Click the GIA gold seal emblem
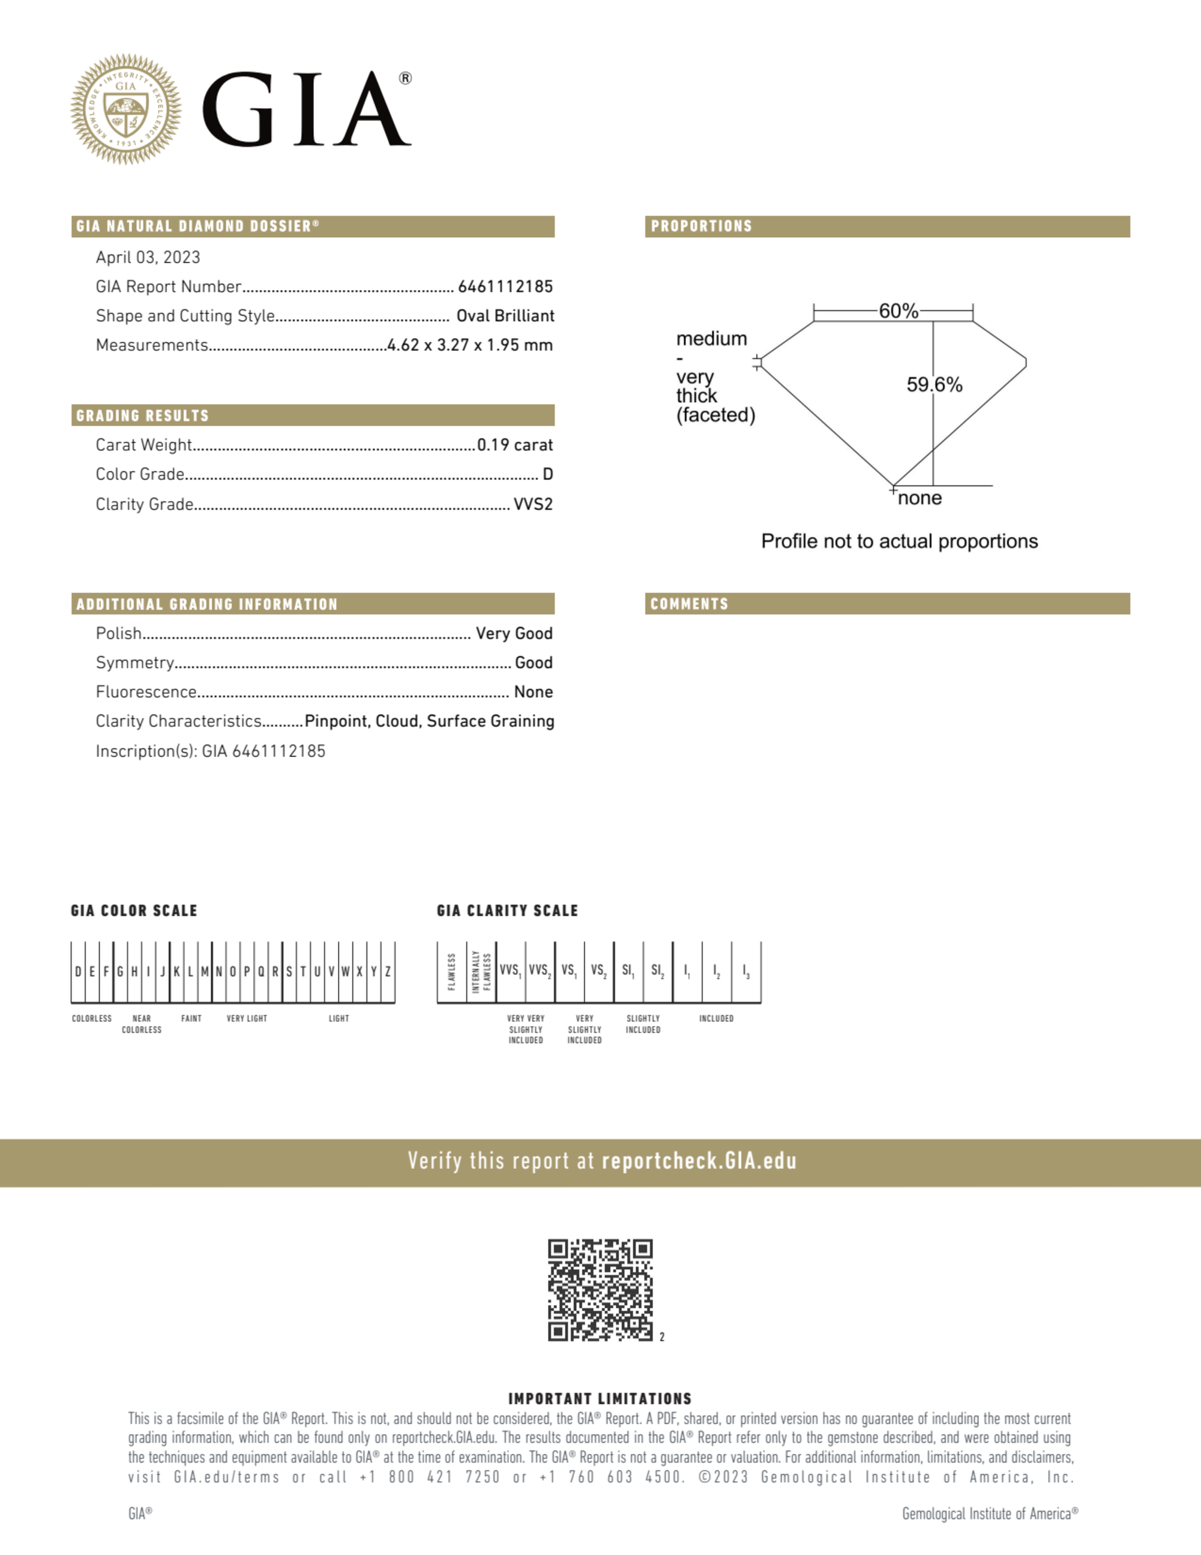[126, 109]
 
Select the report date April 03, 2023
[148, 257]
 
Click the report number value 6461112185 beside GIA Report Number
[505, 286]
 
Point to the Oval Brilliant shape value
[505, 315]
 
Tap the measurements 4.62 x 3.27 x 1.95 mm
[470, 345]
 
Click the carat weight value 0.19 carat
[515, 444]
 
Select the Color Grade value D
[547, 474]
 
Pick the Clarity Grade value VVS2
[533, 504]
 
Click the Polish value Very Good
[514, 633]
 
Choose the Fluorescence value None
[533, 692]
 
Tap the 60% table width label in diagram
[898, 311]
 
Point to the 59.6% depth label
[934, 384]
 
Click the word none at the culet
[920, 498]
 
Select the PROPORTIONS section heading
[701, 226]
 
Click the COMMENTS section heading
[689, 604]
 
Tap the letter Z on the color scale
[388, 971]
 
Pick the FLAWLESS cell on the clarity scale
[451, 971]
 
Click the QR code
[600, 1290]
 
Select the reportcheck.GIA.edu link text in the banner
[699, 1161]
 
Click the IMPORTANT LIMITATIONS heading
[600, 1398]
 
